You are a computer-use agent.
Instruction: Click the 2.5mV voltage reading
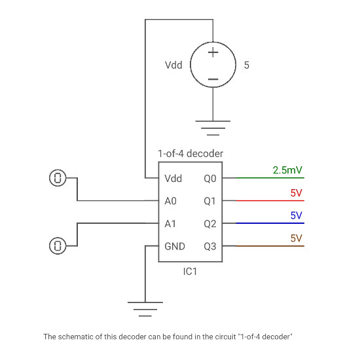pos(287,170)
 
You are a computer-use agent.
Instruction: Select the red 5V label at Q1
pos(296,193)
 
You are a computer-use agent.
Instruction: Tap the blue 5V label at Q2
pos(296,215)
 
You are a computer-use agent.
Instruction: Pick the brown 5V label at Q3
pos(296,238)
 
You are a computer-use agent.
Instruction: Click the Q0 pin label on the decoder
pos(209,178)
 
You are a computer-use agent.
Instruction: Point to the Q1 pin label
pos(209,201)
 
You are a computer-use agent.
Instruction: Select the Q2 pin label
pos(209,224)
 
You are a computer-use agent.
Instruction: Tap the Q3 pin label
pos(209,247)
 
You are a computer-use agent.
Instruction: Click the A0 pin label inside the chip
pos(170,201)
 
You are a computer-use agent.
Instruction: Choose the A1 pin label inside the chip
pos(170,224)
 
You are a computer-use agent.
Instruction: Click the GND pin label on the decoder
pos(174,247)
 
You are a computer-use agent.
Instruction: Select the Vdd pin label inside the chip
pos(173,178)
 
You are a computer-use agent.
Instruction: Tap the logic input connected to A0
pos(58,177)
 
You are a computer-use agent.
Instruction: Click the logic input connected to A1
pos(58,245)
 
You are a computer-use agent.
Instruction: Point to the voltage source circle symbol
pos(213,65)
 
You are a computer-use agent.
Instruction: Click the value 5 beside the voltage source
pos(246,65)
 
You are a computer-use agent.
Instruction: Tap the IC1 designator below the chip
pos(190,271)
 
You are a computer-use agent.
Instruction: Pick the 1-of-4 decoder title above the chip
pos(190,153)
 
